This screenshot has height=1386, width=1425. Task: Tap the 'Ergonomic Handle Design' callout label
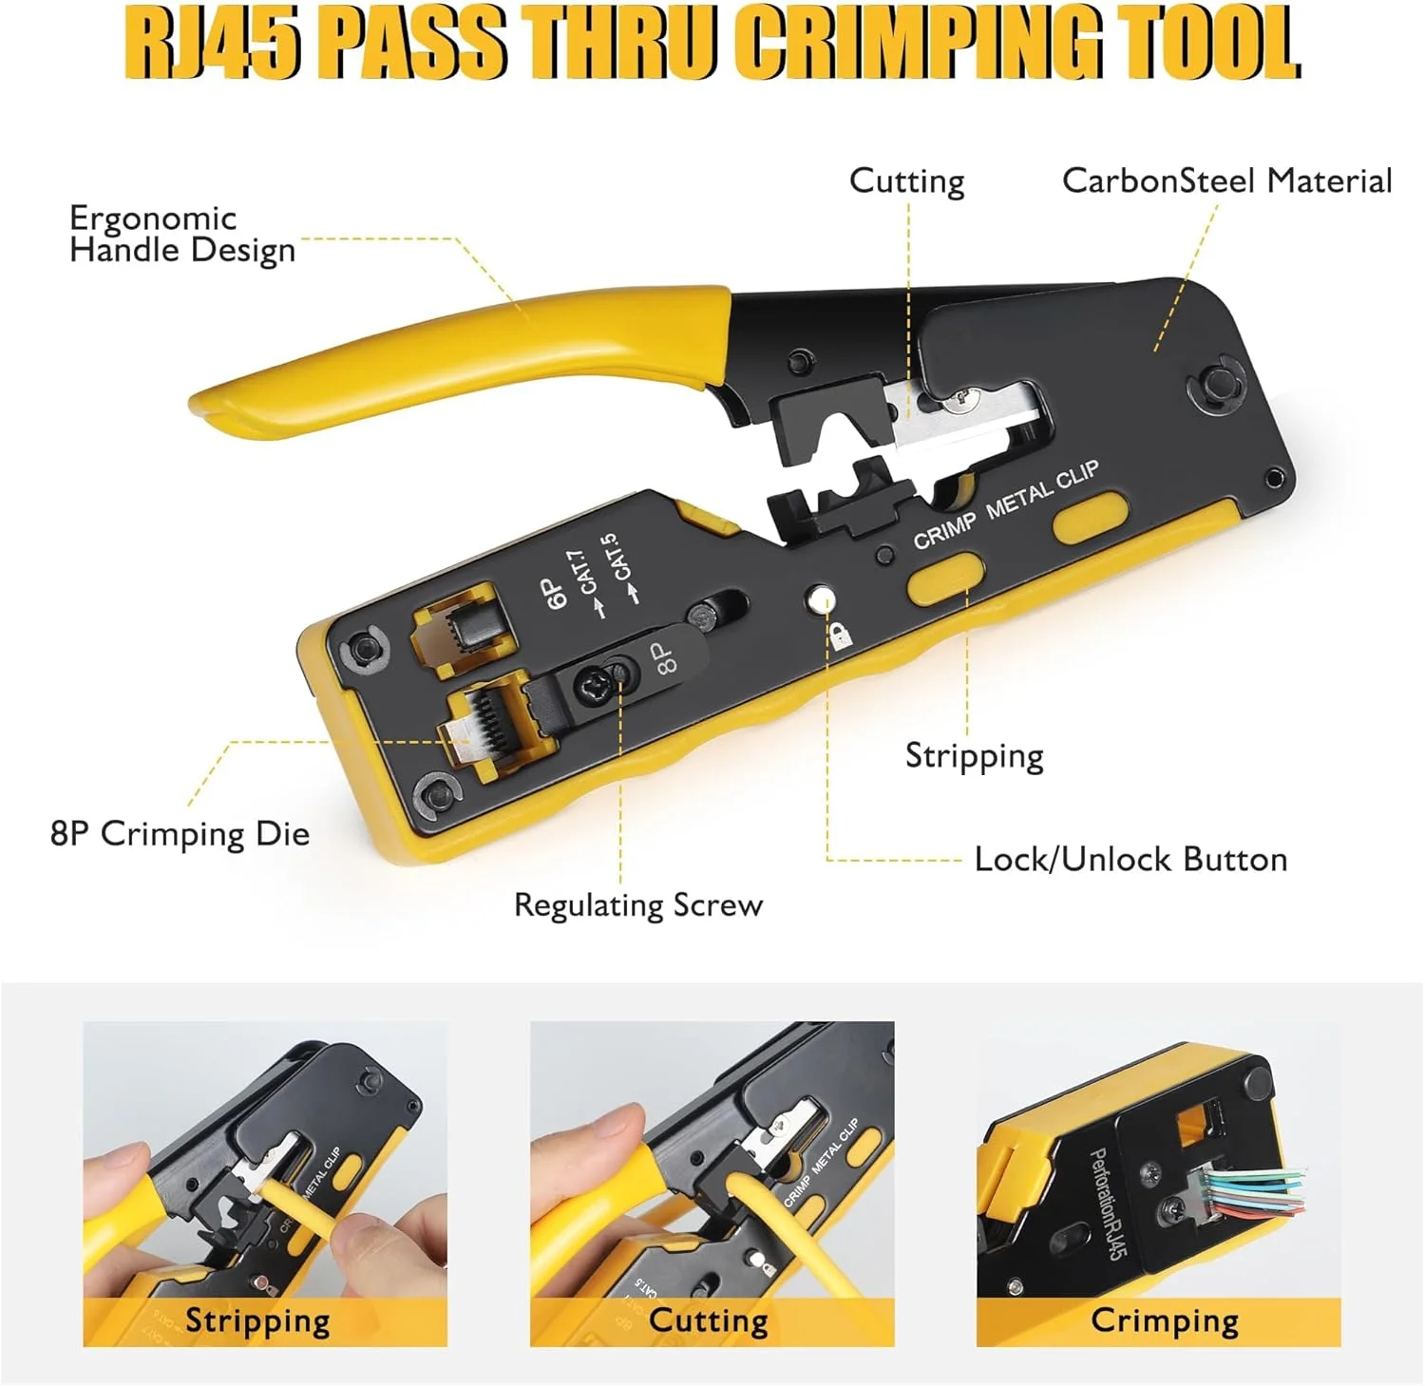point(182,234)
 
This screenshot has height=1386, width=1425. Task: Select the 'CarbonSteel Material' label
point(1226,180)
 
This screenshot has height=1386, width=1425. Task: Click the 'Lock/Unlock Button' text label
point(1130,859)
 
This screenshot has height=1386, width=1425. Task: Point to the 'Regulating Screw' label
point(638,905)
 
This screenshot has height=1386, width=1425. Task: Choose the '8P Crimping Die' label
point(180,834)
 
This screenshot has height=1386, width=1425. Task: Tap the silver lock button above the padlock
point(820,600)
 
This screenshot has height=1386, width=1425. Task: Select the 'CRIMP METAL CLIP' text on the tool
point(1006,505)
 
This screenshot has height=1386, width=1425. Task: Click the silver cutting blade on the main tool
point(959,415)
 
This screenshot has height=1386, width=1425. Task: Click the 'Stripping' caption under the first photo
point(257,1321)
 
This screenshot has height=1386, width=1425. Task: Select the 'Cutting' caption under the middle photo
point(709,1320)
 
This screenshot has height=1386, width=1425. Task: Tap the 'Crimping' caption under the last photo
point(1165,1321)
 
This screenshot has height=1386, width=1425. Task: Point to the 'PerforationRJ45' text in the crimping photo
point(1107,1204)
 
